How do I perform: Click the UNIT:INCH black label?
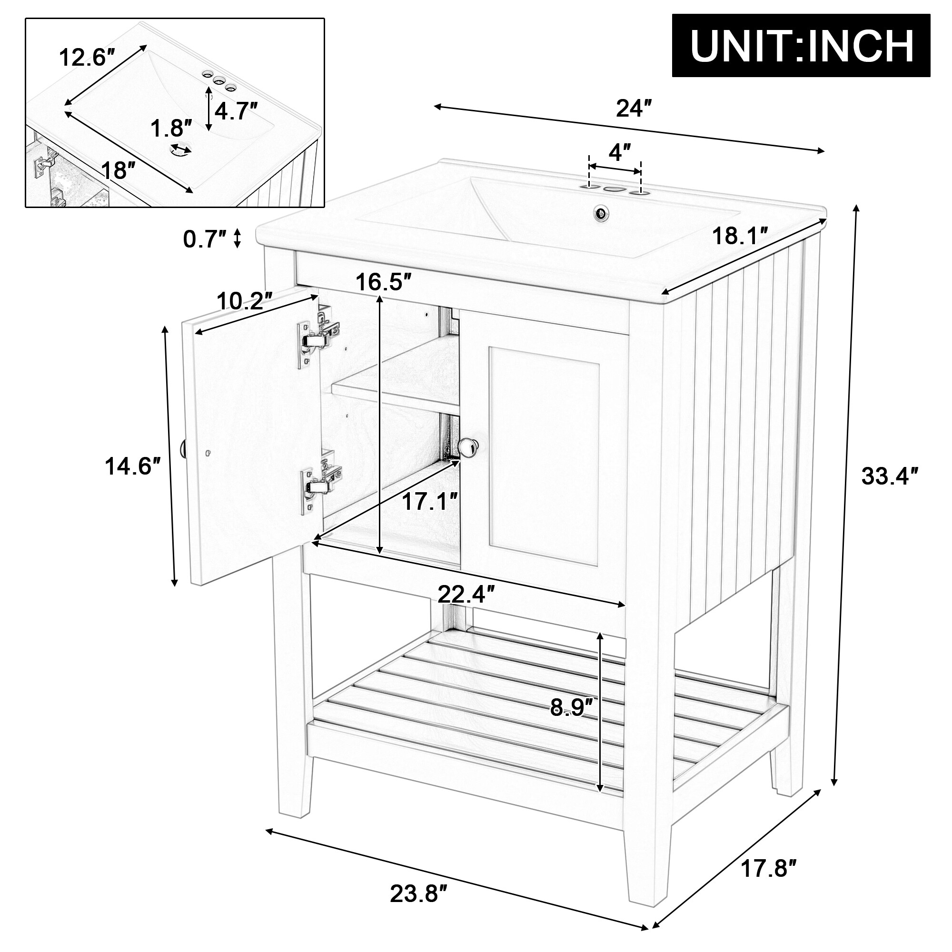[801, 45]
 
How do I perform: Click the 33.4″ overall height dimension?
[890, 476]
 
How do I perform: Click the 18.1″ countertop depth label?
[741, 237]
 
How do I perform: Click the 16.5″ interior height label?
[383, 282]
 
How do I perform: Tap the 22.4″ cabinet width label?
[466, 596]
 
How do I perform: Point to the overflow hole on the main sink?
[602, 213]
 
